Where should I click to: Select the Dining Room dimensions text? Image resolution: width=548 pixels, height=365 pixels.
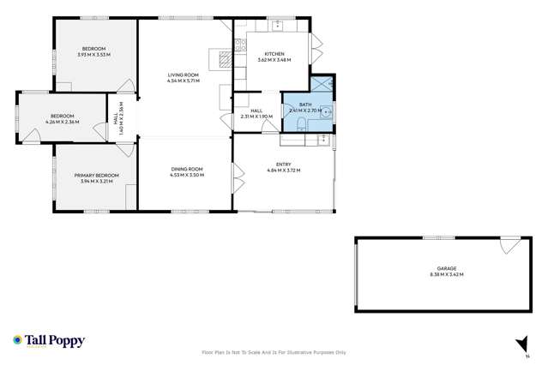coord(184,175)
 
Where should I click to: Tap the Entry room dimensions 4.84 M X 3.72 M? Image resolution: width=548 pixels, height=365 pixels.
coord(283,170)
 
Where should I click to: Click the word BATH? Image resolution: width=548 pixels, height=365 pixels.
coord(305,105)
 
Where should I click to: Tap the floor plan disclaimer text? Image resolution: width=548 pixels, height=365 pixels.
coord(274,352)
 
